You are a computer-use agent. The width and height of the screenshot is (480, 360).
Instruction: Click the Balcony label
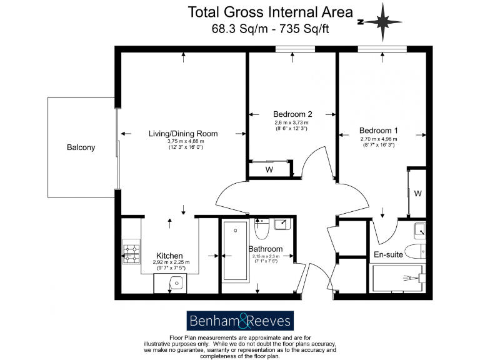[81, 148]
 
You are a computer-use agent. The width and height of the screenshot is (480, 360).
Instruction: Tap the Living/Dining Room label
[183, 134]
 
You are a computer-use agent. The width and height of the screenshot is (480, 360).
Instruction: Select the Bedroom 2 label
[292, 114]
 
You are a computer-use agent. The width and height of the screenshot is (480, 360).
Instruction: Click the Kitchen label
[169, 256]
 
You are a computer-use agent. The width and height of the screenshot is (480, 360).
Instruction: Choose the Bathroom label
[266, 249]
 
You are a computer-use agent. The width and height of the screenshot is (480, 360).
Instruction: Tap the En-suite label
[387, 255]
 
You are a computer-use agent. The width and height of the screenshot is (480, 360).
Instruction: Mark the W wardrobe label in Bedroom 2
[269, 169]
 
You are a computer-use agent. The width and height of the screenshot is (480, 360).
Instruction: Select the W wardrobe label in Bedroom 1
[417, 194]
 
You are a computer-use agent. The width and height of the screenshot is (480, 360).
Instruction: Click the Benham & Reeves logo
[240, 321]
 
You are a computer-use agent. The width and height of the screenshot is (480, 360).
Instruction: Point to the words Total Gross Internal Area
[271, 12]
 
